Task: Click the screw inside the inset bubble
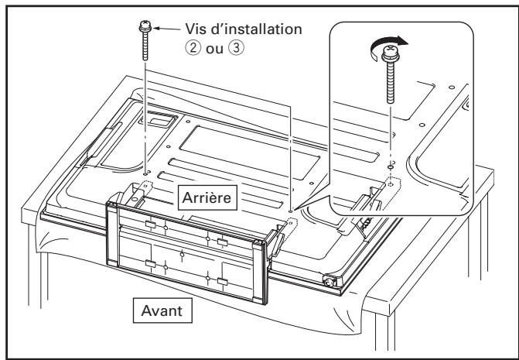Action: tap(390, 82)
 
